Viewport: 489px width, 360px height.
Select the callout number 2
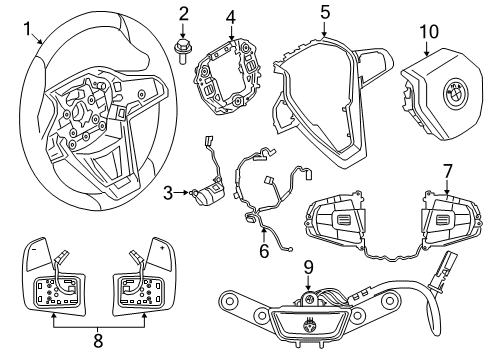click(x=183, y=14)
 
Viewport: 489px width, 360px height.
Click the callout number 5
click(x=325, y=13)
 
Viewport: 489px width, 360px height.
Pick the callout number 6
click(x=264, y=251)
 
